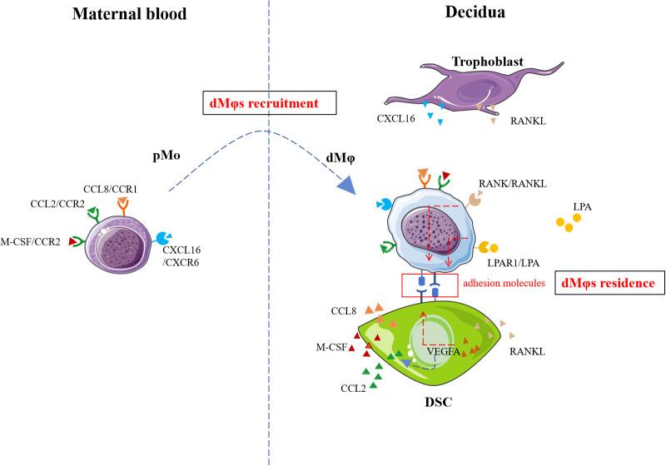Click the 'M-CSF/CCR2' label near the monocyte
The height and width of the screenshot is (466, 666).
pyautogui.click(x=35, y=241)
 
